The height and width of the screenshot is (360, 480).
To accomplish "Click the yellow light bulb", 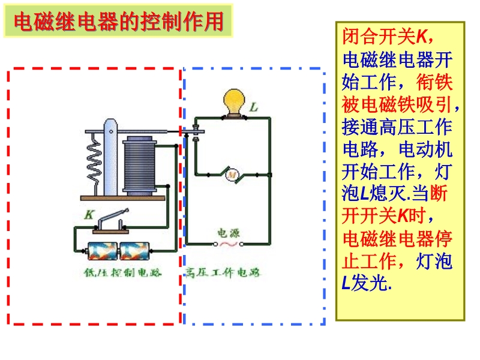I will (232, 101).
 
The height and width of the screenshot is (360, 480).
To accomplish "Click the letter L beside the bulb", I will (254, 108).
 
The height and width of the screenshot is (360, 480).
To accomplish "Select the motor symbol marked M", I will (232, 175).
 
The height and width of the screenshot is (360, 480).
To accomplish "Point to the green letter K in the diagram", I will (89, 214).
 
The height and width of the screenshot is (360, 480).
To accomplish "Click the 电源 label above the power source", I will (228, 233).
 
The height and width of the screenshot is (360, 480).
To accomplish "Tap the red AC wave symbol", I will (228, 244).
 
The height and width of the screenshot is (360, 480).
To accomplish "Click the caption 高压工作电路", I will (223, 273).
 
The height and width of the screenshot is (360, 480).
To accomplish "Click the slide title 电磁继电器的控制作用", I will (118, 22).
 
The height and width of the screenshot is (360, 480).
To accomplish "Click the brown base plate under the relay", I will (123, 197).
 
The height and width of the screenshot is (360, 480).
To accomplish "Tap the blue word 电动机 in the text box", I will (427, 150).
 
